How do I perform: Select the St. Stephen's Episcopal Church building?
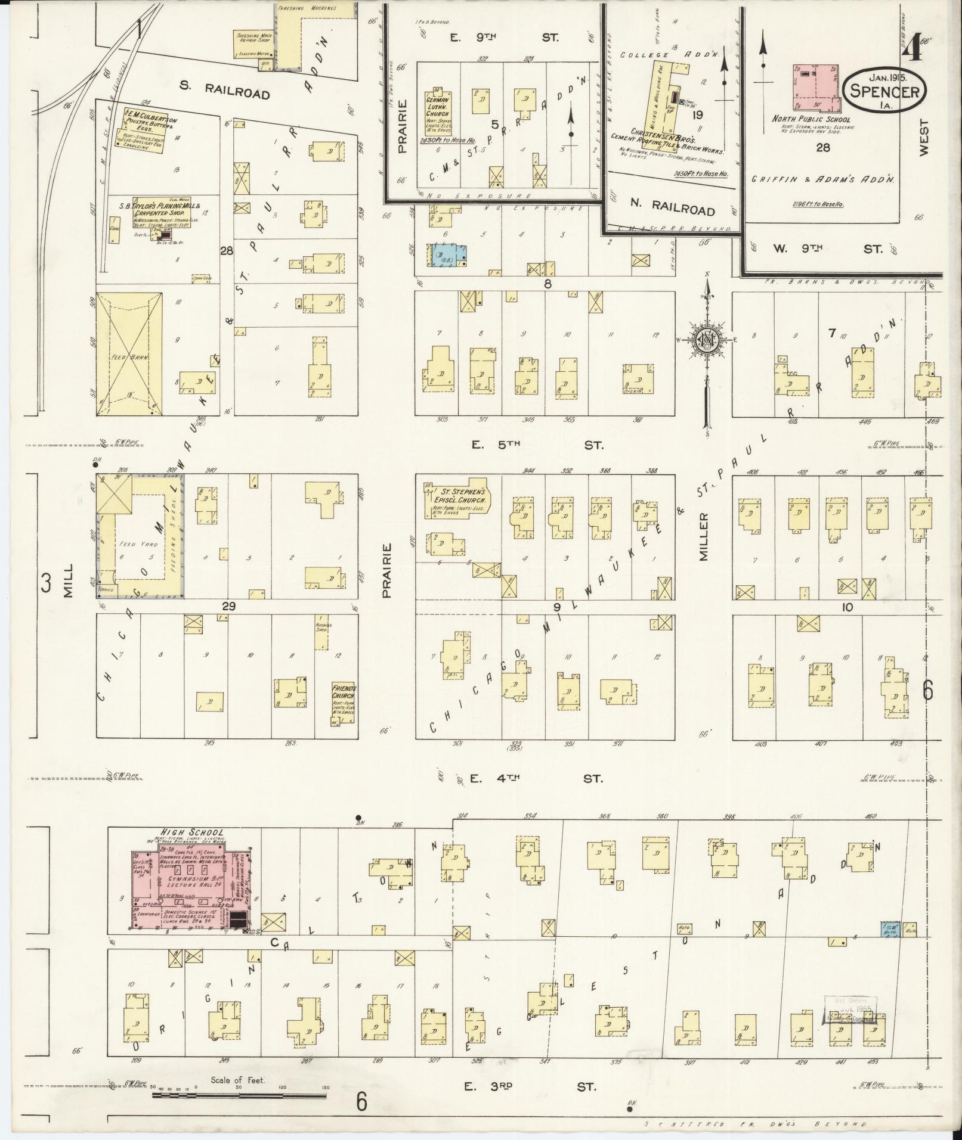tap(456, 499)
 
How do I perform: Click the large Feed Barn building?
tap(129, 353)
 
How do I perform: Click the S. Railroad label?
tap(224, 91)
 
